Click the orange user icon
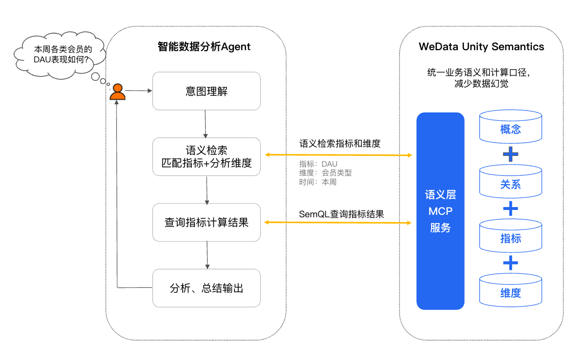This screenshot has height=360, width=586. click(x=117, y=92)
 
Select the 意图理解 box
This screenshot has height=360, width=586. click(x=207, y=91)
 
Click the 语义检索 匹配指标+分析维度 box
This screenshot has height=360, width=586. click(x=207, y=156)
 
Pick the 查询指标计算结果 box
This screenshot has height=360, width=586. click(x=207, y=222)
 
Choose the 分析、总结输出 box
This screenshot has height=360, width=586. click(x=207, y=288)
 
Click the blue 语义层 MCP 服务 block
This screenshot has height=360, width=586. click(x=440, y=211)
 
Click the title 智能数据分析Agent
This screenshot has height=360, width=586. click(x=204, y=47)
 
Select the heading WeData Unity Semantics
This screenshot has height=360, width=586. click(x=481, y=47)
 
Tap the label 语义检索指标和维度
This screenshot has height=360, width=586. click(x=340, y=143)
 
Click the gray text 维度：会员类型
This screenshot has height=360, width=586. click(x=325, y=173)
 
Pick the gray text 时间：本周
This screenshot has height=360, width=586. click(x=318, y=182)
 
